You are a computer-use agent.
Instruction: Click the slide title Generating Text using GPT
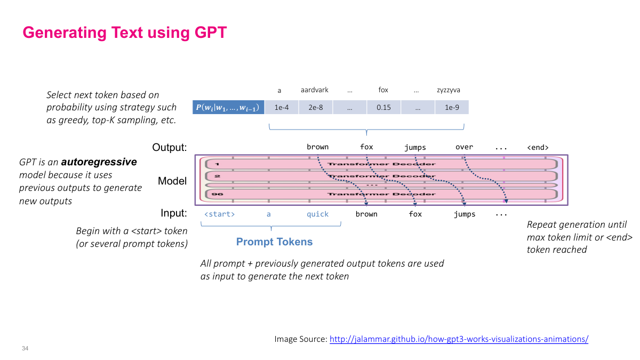(124, 33)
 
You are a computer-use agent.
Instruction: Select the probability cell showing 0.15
(383, 107)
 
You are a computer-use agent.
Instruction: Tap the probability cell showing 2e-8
(316, 107)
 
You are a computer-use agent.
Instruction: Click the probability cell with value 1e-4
(282, 107)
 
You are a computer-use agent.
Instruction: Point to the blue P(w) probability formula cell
(229, 108)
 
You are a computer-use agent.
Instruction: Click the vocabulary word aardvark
(316, 90)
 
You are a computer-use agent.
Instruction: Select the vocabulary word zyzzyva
(448, 90)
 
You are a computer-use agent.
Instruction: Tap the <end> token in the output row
(537, 147)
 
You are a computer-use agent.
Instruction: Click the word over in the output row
(464, 147)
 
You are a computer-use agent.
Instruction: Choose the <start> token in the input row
(219, 214)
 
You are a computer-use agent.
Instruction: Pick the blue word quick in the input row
(317, 214)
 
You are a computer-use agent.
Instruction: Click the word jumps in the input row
(464, 214)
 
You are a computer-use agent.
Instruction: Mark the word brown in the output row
(317, 147)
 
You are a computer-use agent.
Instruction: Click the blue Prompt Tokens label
(274, 242)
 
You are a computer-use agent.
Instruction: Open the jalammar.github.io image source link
(459, 339)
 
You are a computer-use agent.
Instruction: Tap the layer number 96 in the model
(218, 195)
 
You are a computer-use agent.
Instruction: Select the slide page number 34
(25, 348)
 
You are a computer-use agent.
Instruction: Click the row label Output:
(169, 147)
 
